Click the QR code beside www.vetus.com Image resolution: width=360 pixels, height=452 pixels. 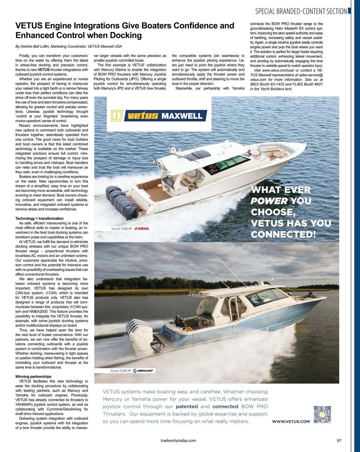pyautogui.click(x=322, y=414)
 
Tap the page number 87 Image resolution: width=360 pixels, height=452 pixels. pyautogui.click(x=339, y=441)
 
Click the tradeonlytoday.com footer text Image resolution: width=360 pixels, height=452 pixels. pyautogui.click(x=178, y=441)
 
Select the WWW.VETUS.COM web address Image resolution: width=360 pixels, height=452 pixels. pyautogui.click(x=291, y=421)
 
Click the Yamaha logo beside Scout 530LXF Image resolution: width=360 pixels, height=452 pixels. pyautogui.click(x=142, y=229)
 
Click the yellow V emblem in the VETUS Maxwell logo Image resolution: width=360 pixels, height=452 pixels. pyautogui.click(x=117, y=116)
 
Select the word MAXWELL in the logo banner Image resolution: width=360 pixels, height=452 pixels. pyautogui.click(x=182, y=116)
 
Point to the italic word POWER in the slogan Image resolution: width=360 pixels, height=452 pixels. pyautogui.click(x=269, y=201)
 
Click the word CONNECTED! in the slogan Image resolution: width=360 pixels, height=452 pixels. pyautogui.click(x=283, y=234)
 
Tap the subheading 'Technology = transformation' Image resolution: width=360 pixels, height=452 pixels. pyautogui.click(x=39, y=218)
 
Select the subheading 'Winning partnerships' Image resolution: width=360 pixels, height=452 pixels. pyautogui.click(x=33, y=376)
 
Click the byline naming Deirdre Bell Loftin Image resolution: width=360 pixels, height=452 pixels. pyautogui.click(x=68, y=46)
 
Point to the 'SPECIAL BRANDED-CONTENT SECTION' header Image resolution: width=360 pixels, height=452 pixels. pyautogui.click(x=301, y=11)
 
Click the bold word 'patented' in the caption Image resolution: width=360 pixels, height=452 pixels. pyautogui.click(x=187, y=406)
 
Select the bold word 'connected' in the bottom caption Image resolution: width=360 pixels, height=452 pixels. pyautogui.click(x=225, y=406)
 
